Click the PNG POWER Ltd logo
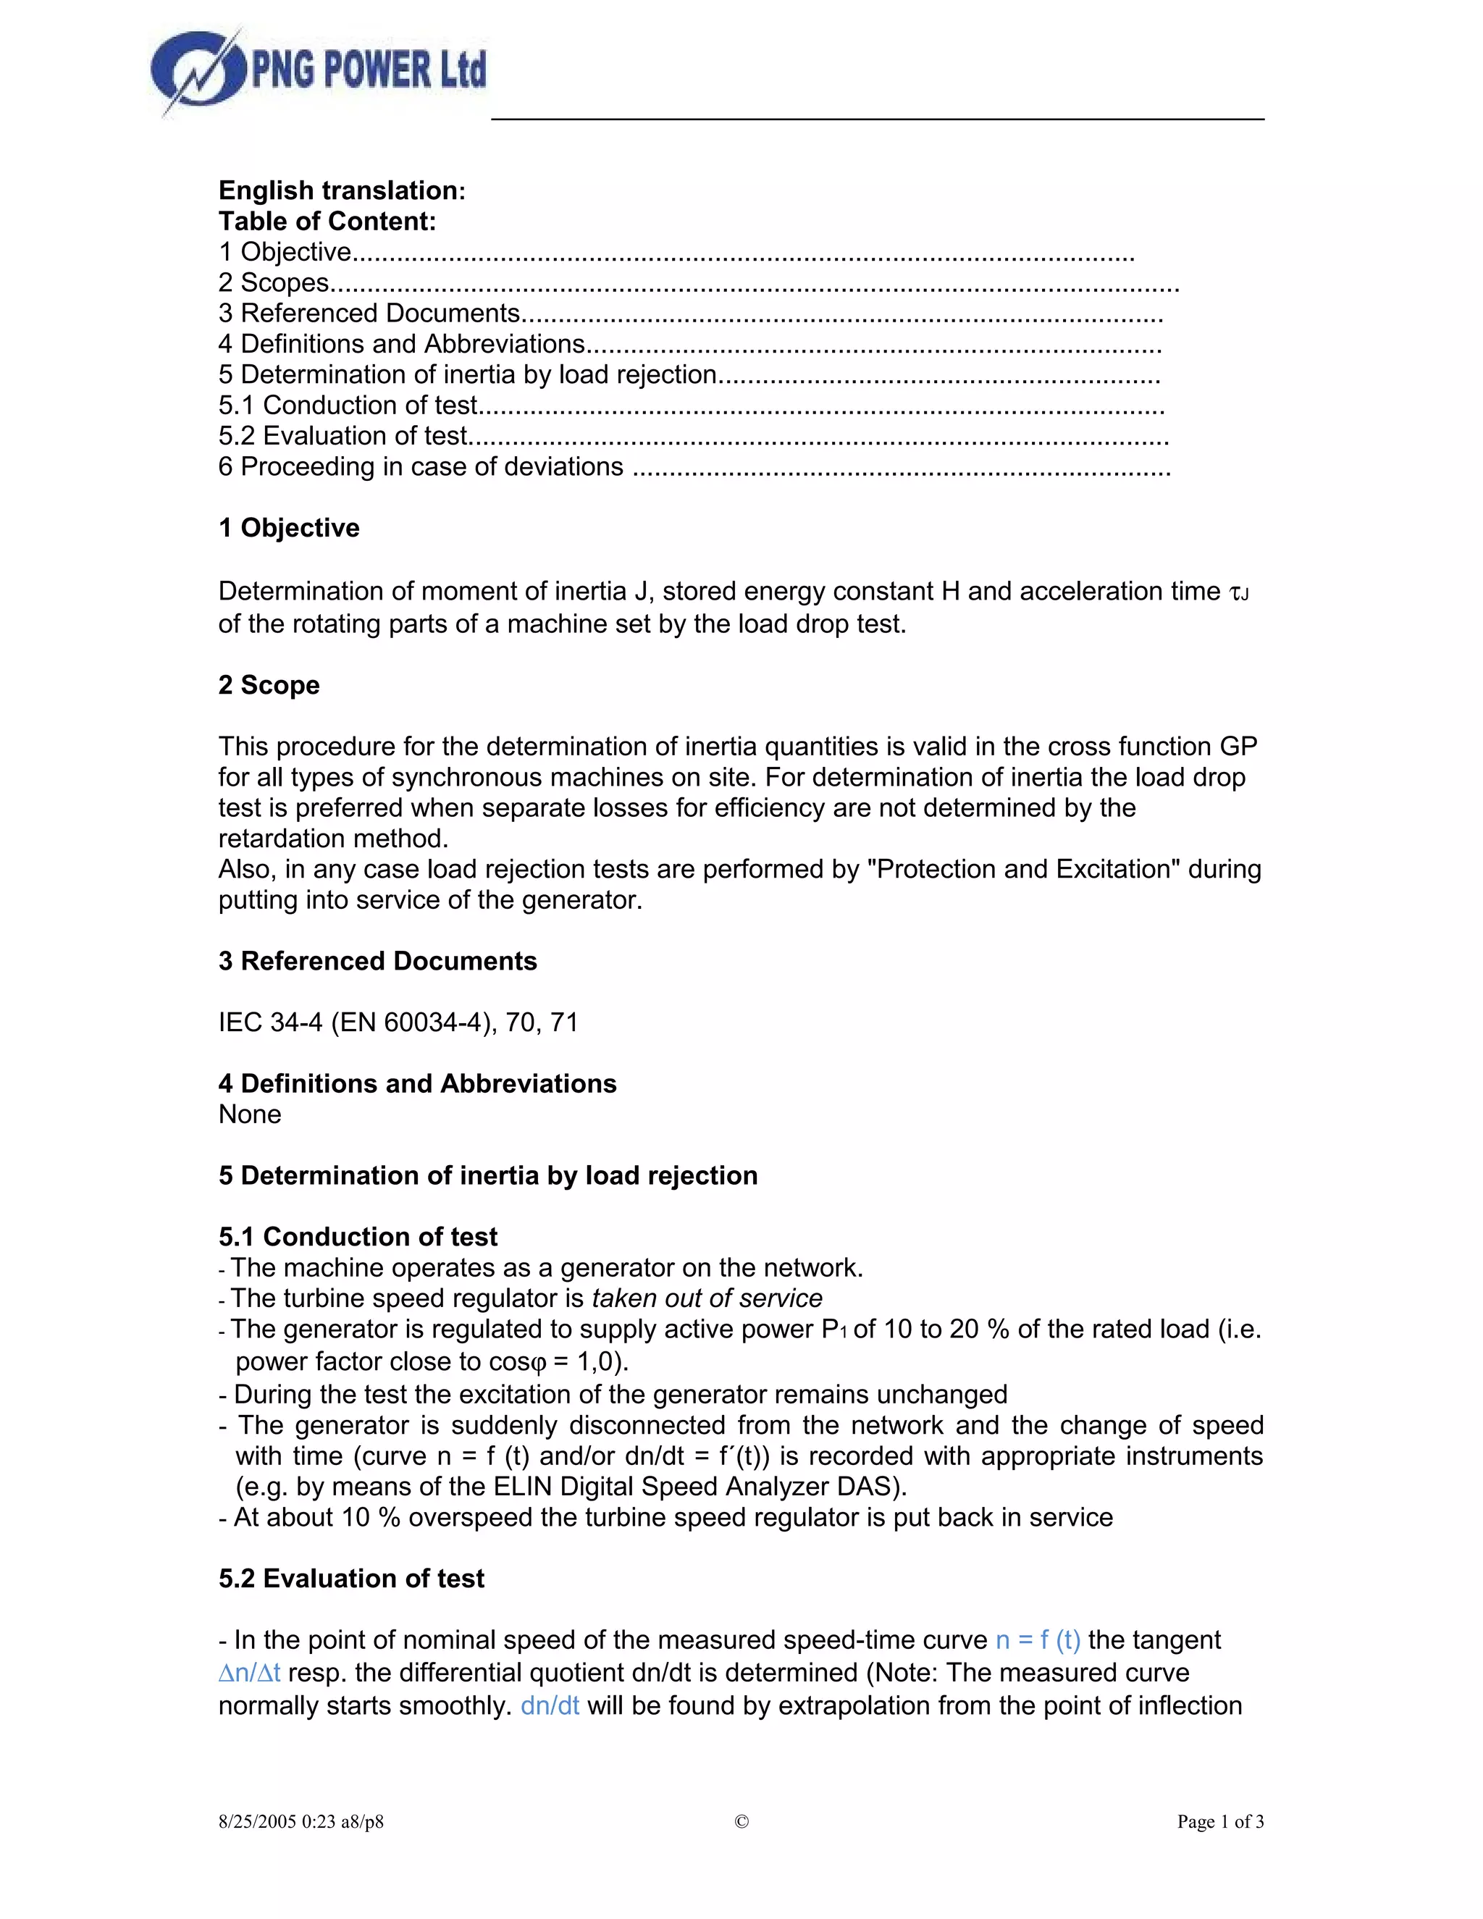pyautogui.click(x=318, y=72)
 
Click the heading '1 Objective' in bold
pyautogui.click(x=289, y=528)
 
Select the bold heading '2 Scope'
pyautogui.click(x=269, y=685)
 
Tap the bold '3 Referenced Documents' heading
pyautogui.click(x=377, y=961)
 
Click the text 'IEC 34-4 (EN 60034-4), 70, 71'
pyautogui.click(x=398, y=1023)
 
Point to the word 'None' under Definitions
pyautogui.click(x=250, y=1115)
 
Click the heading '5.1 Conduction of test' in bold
pyautogui.click(x=358, y=1237)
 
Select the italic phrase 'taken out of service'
pyautogui.click(x=707, y=1298)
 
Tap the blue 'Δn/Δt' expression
pyautogui.click(x=250, y=1673)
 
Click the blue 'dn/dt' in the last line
pyautogui.click(x=550, y=1705)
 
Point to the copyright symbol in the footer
pyautogui.click(x=741, y=1821)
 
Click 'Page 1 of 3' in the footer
pyautogui.click(x=1220, y=1821)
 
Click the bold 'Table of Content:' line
pyautogui.click(x=327, y=222)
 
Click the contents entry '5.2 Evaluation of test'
pyautogui.click(x=343, y=436)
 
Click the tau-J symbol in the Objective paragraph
pyautogui.click(x=1239, y=594)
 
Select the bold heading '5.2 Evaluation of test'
pyautogui.click(x=351, y=1579)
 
